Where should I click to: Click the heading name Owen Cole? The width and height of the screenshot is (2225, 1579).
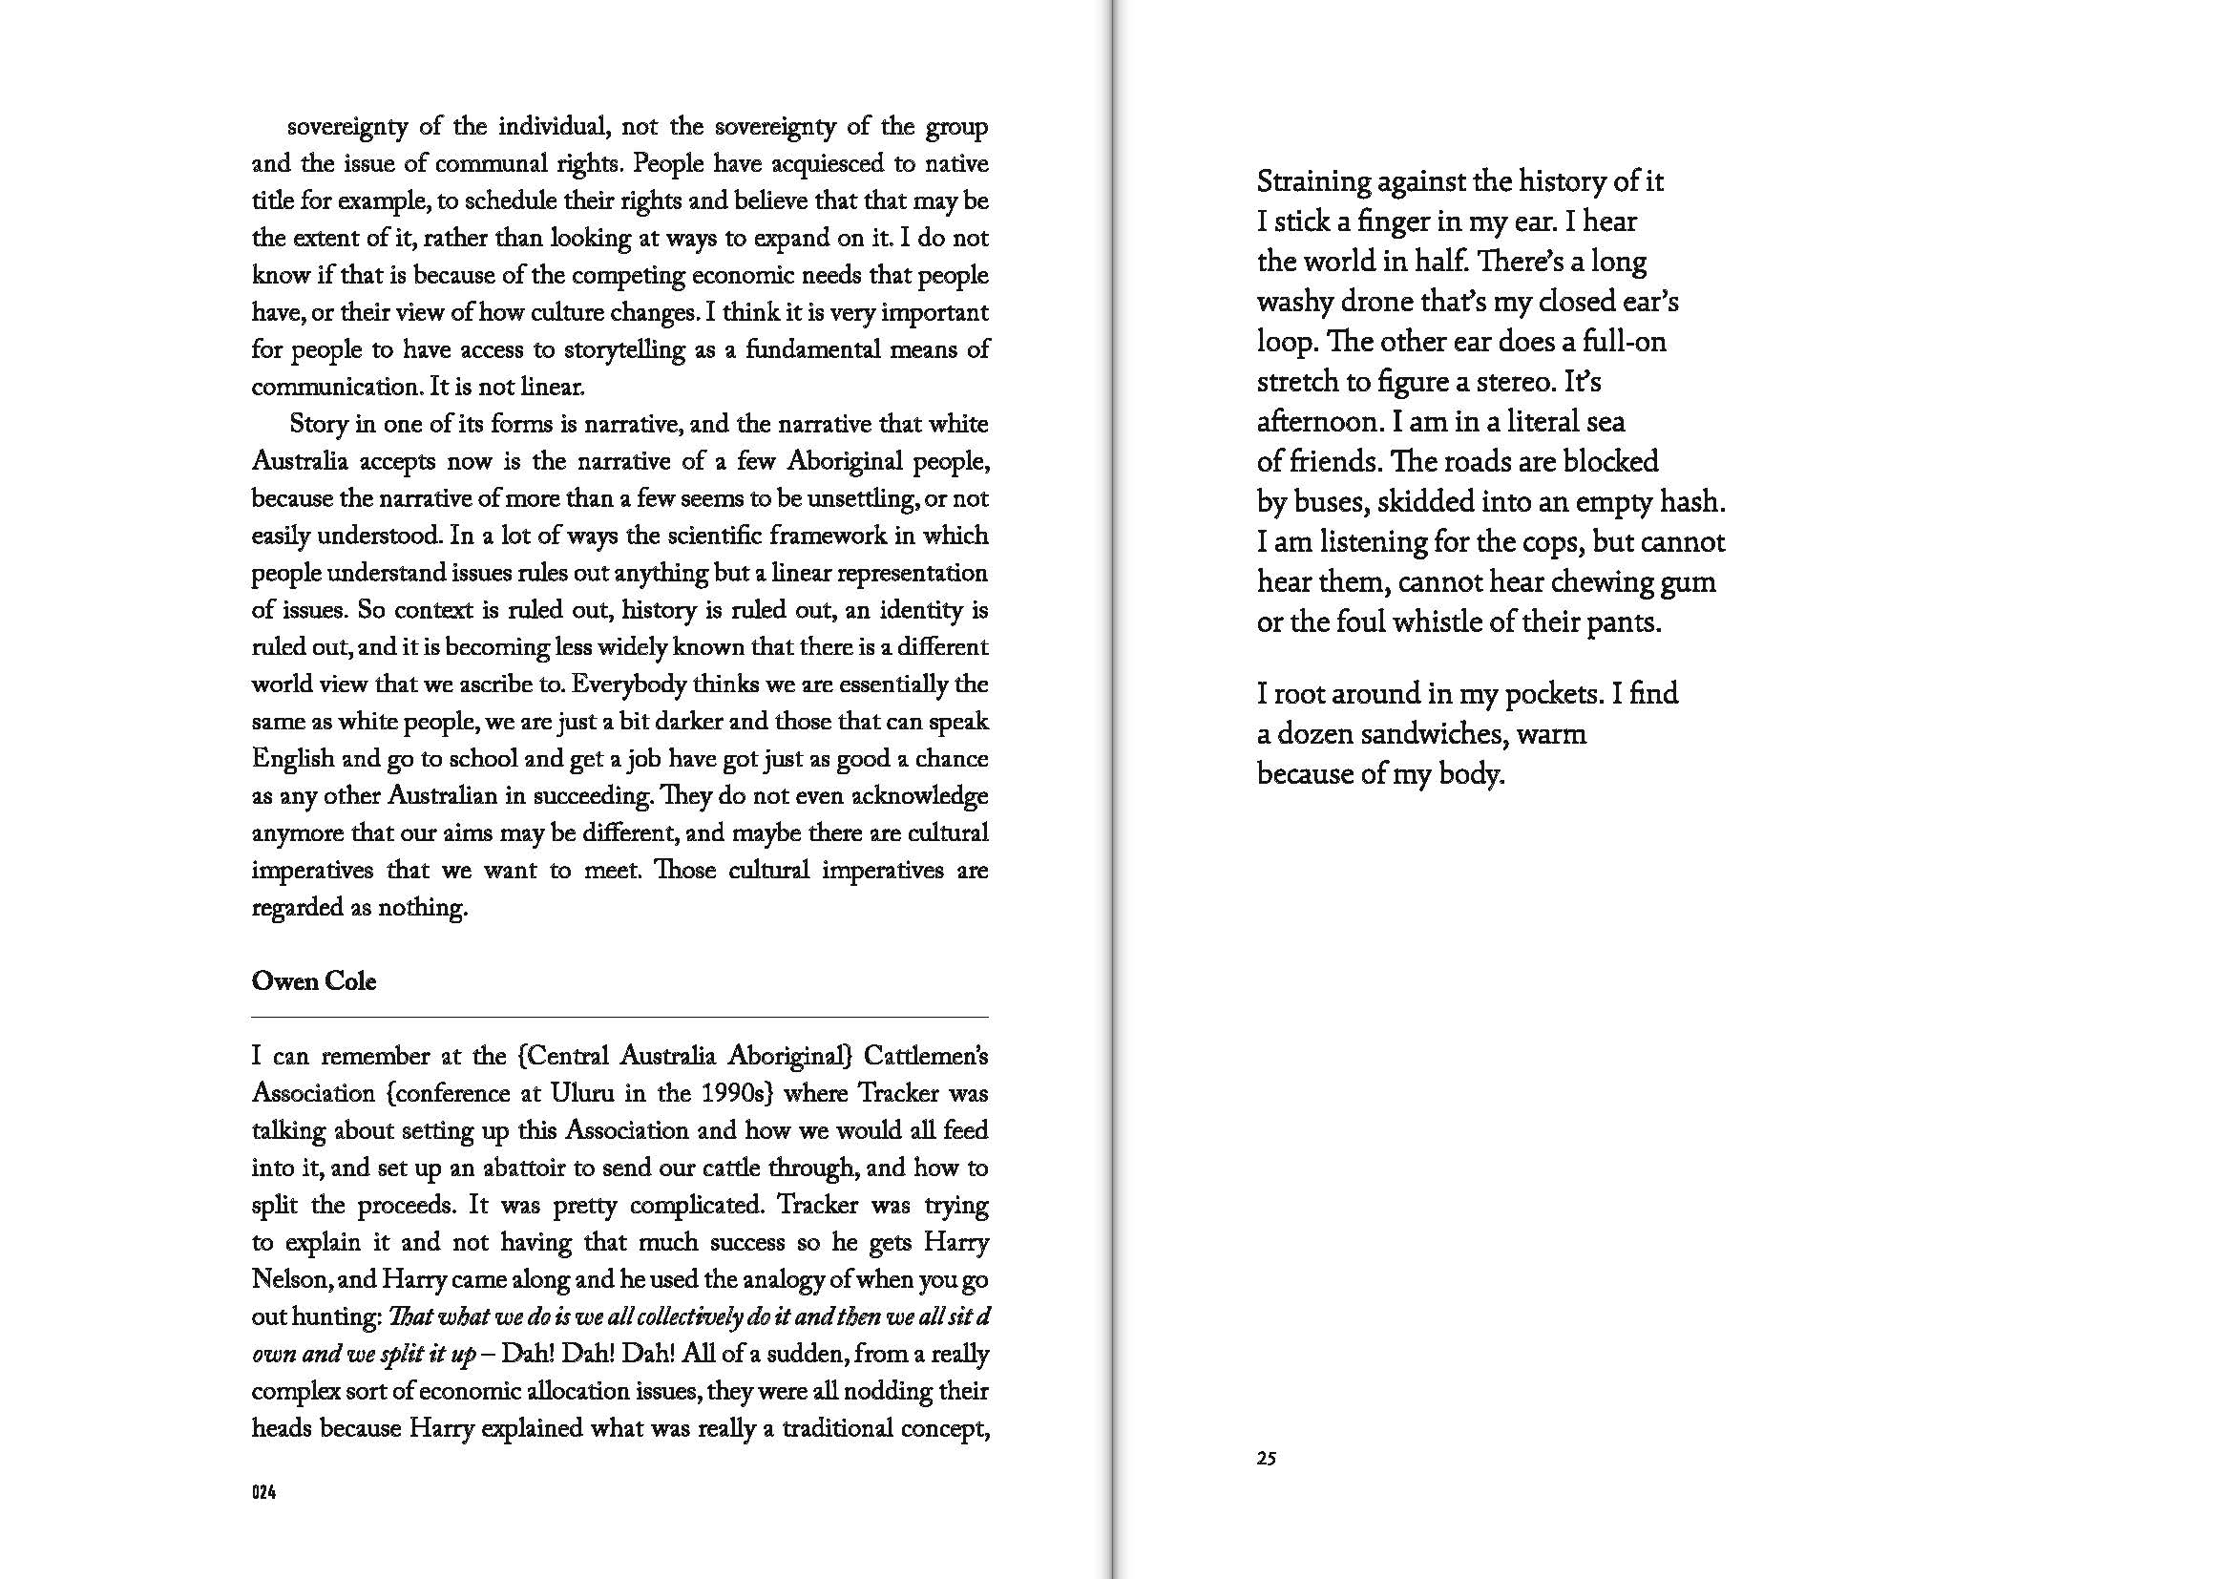[x=313, y=981]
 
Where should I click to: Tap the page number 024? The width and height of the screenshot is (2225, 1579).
[x=263, y=1492]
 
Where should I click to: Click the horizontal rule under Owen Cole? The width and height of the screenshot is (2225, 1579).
[x=619, y=1017]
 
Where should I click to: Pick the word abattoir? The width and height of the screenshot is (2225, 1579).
[x=496, y=1168]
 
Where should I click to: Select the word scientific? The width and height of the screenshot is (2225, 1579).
[x=676, y=536]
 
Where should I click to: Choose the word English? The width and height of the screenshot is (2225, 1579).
[x=293, y=758]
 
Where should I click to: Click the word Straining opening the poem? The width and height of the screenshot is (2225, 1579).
[x=1310, y=181]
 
